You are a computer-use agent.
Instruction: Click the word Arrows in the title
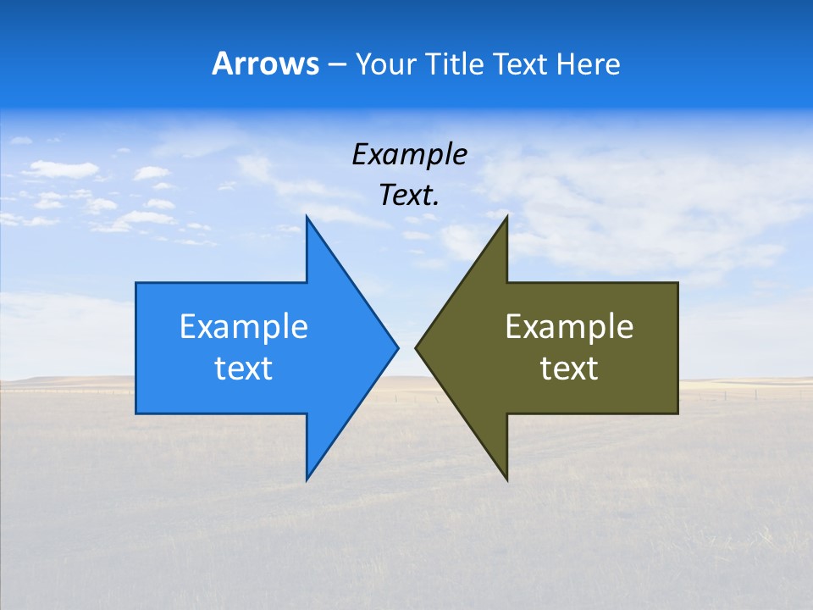[x=264, y=64]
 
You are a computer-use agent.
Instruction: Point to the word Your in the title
[x=386, y=64]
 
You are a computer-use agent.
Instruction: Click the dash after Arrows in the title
[x=336, y=64]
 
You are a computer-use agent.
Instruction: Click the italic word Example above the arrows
[x=409, y=154]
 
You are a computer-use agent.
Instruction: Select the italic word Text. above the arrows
[x=409, y=196]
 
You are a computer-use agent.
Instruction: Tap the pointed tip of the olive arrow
[x=418, y=347]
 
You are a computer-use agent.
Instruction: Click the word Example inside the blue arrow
[x=244, y=326]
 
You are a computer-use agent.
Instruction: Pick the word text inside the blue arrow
[x=244, y=369]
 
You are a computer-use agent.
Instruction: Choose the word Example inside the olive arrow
[x=569, y=326]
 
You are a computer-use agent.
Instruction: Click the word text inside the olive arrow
[x=569, y=369]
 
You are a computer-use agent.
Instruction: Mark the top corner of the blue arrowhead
[x=307, y=218]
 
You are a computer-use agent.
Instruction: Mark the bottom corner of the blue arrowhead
[x=307, y=478]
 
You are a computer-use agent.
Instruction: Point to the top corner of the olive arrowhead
[x=506, y=218]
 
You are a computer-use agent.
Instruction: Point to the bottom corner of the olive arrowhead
[x=506, y=478]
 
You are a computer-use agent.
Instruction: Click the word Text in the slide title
[x=520, y=64]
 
